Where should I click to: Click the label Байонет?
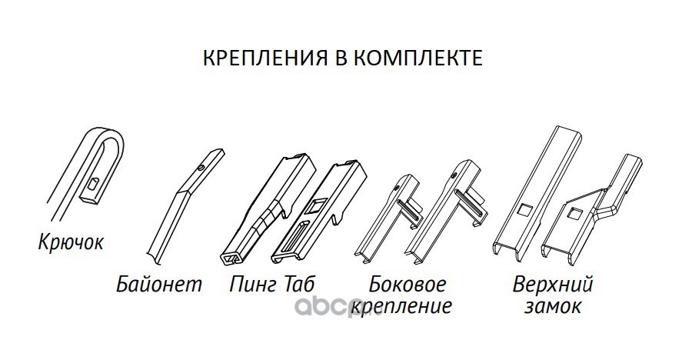pos(160,285)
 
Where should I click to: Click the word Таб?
pos(299,285)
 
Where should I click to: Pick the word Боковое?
pos(406,285)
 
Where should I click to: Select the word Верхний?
pos(554,285)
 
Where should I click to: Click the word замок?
pos(554,308)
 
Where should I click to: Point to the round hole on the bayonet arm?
pos(199,166)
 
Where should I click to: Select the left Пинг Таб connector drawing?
pos(261,212)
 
